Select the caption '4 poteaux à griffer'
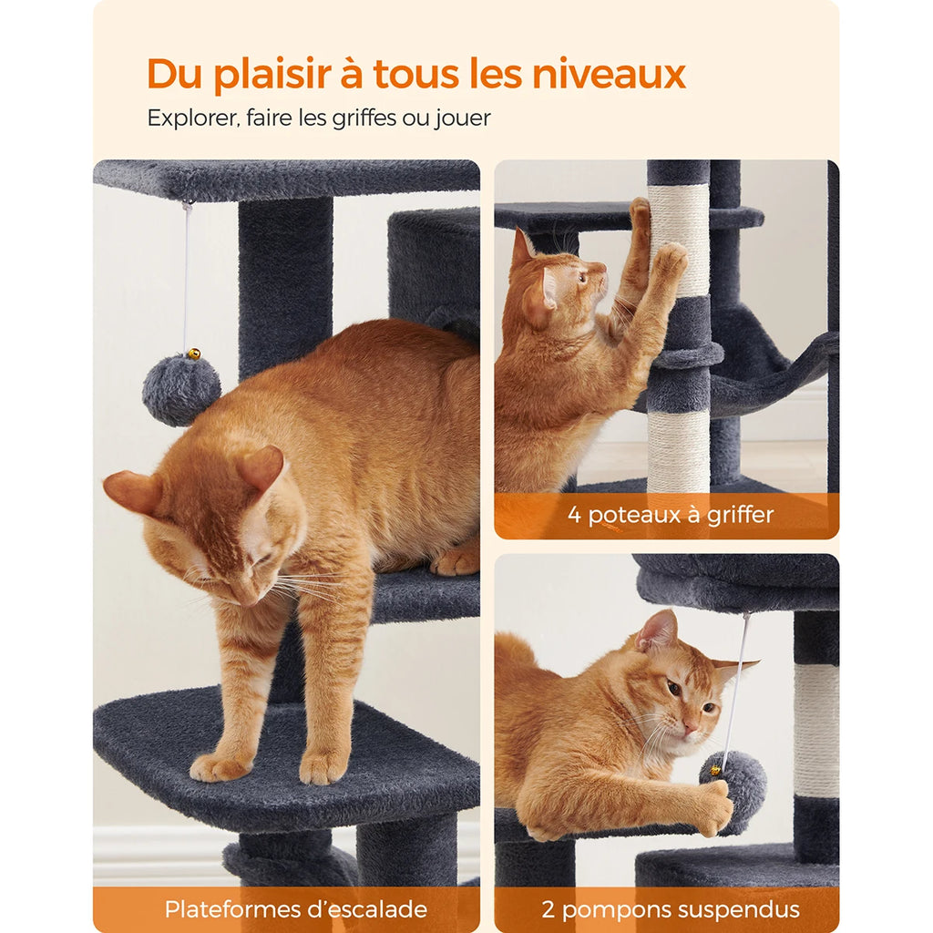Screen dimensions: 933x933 [x=670, y=515]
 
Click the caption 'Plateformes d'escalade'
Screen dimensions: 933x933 [x=295, y=908]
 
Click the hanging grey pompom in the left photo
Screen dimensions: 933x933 [x=180, y=389]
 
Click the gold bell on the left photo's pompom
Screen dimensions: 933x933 [x=193, y=354]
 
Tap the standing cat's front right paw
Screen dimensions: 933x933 [x=323, y=767]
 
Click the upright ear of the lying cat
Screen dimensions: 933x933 [x=658, y=631]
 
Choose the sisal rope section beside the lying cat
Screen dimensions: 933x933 [x=815, y=729]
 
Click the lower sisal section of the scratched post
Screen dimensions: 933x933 [x=678, y=451]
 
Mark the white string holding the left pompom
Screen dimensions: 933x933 [x=187, y=273]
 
